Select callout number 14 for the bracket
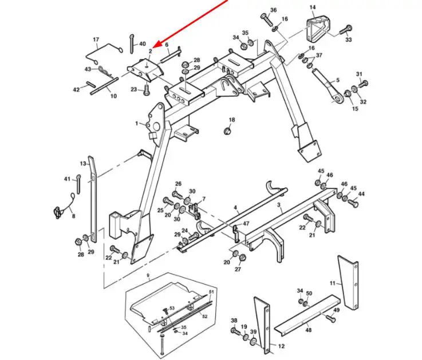[x=313, y=7]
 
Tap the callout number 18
[x=232, y=120]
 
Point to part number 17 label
[x=96, y=39]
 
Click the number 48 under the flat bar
[x=308, y=330]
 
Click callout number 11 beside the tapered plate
[x=333, y=283]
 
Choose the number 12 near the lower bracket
[x=281, y=347]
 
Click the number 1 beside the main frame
[x=137, y=124]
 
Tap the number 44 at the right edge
[x=361, y=195]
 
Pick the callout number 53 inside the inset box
[x=171, y=308]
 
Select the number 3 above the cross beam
[x=279, y=204]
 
